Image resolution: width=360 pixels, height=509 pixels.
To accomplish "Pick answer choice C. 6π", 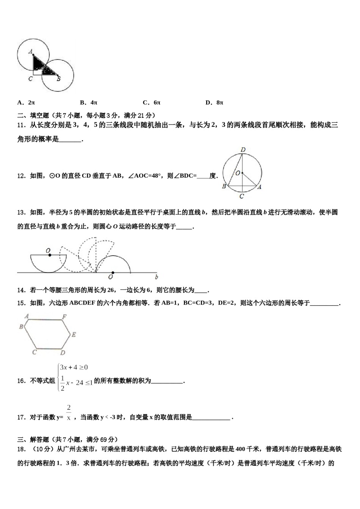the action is click(x=152, y=102).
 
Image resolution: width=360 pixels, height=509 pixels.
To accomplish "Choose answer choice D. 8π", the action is click(x=214, y=102).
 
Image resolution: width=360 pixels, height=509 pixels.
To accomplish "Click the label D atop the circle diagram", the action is click(x=243, y=150).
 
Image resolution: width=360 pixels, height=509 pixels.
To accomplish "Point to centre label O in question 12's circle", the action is click(x=238, y=173).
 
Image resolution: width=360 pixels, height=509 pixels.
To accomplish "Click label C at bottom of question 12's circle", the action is click(x=241, y=196).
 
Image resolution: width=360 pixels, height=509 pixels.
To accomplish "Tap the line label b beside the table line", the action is click(x=157, y=277).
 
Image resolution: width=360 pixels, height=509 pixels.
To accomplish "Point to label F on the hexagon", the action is click(x=64, y=317).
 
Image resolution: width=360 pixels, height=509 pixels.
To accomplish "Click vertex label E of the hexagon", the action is click(x=74, y=334).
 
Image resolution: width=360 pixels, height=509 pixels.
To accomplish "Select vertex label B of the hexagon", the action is click(x=21, y=326).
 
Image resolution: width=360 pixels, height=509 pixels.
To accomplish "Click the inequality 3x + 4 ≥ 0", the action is click(x=74, y=367).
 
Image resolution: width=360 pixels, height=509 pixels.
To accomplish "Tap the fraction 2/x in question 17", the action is click(x=69, y=413).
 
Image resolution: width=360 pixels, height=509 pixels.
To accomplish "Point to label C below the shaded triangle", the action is click(x=30, y=79).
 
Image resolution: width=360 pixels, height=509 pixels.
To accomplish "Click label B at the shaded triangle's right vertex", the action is click(x=58, y=79).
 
